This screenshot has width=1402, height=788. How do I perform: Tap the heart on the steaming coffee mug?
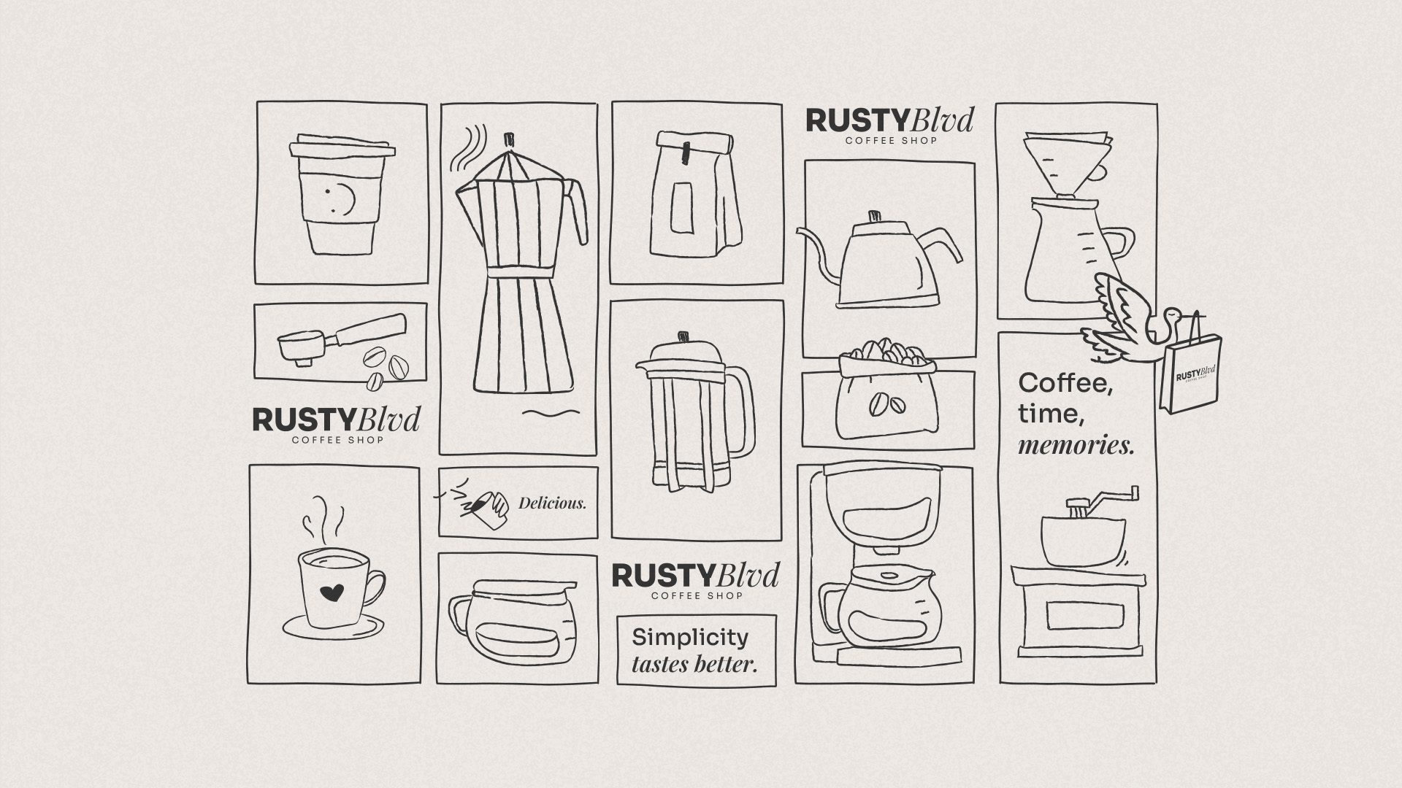click(x=332, y=592)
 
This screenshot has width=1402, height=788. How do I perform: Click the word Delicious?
click(x=552, y=503)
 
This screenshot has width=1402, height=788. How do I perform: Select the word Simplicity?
click(x=690, y=638)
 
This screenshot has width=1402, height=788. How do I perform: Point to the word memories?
click(x=1076, y=444)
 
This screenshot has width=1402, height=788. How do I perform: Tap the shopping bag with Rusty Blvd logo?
click(x=1191, y=376)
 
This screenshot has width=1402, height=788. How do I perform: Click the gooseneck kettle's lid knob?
click(x=873, y=217)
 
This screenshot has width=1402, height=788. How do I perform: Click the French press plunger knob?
click(x=684, y=337)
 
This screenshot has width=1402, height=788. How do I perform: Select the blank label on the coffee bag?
click(x=683, y=207)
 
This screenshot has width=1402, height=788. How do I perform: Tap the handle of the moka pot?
click(x=577, y=212)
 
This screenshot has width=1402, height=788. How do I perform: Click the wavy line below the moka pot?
click(x=551, y=414)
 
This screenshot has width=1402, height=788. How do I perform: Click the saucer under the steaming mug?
click(x=334, y=626)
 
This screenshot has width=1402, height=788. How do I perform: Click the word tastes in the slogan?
click(x=660, y=665)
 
